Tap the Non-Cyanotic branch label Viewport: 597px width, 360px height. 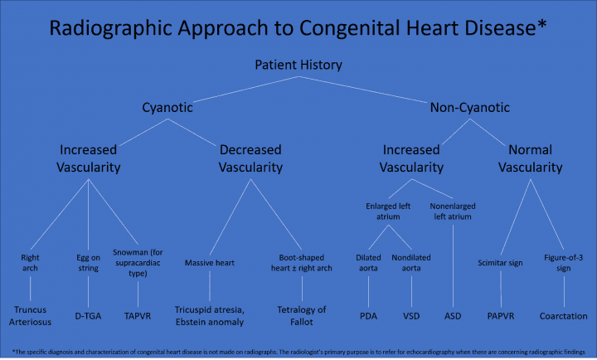tap(469, 107)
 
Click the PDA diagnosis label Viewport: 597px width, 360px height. tap(367, 315)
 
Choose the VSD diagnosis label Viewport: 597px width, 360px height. tap(412, 315)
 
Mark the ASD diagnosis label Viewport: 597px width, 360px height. tap(454, 315)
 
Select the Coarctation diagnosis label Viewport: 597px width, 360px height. tap(563, 315)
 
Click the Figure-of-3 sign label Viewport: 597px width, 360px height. tap(564, 263)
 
